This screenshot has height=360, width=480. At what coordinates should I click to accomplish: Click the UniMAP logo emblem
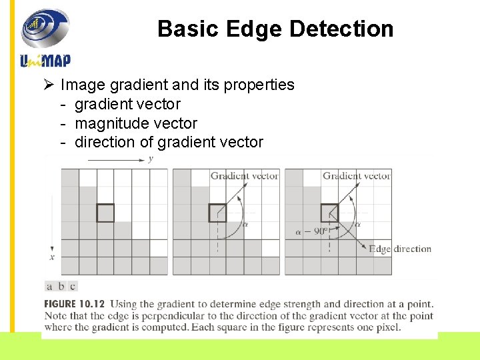click(x=45, y=29)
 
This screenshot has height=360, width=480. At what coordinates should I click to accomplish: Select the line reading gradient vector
click(x=127, y=104)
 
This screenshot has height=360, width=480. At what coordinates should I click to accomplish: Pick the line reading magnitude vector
click(x=136, y=123)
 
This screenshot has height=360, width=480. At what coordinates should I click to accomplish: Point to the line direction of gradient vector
click(x=169, y=142)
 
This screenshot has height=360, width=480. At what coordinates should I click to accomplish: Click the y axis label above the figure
click(x=151, y=159)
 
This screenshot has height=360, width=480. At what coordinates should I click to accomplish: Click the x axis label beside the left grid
click(x=52, y=257)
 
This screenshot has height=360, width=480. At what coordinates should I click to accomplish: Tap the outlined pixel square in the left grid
click(x=105, y=213)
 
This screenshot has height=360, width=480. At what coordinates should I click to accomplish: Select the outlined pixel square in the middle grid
click(x=217, y=213)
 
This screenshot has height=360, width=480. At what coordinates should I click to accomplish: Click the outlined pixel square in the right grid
click(x=329, y=213)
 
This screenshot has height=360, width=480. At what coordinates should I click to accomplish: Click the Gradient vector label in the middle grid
click(x=244, y=176)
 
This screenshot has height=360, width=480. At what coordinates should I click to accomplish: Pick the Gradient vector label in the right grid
click(x=357, y=176)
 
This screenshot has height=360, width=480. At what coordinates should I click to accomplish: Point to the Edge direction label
click(x=401, y=249)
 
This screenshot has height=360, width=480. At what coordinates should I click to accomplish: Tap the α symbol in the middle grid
click(x=245, y=225)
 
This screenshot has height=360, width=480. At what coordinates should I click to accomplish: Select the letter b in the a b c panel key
click(x=61, y=287)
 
